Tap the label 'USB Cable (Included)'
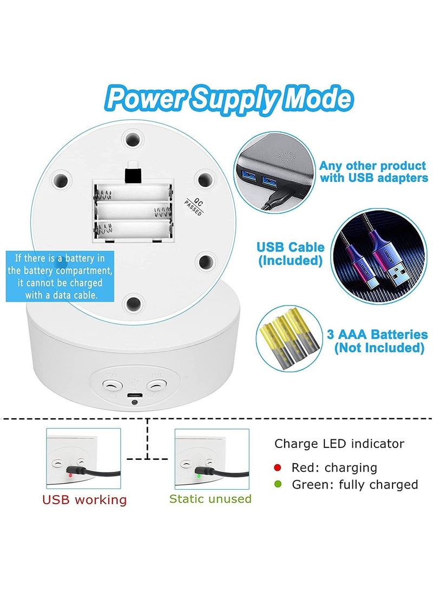click(291, 254)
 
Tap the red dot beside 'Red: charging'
click(278, 467)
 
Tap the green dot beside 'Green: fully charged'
click(278, 484)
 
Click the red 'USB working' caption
click(84, 499)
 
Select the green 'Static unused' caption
click(211, 498)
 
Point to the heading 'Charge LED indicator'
click(339, 444)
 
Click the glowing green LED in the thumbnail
click(199, 476)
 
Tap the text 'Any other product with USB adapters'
click(373, 172)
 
